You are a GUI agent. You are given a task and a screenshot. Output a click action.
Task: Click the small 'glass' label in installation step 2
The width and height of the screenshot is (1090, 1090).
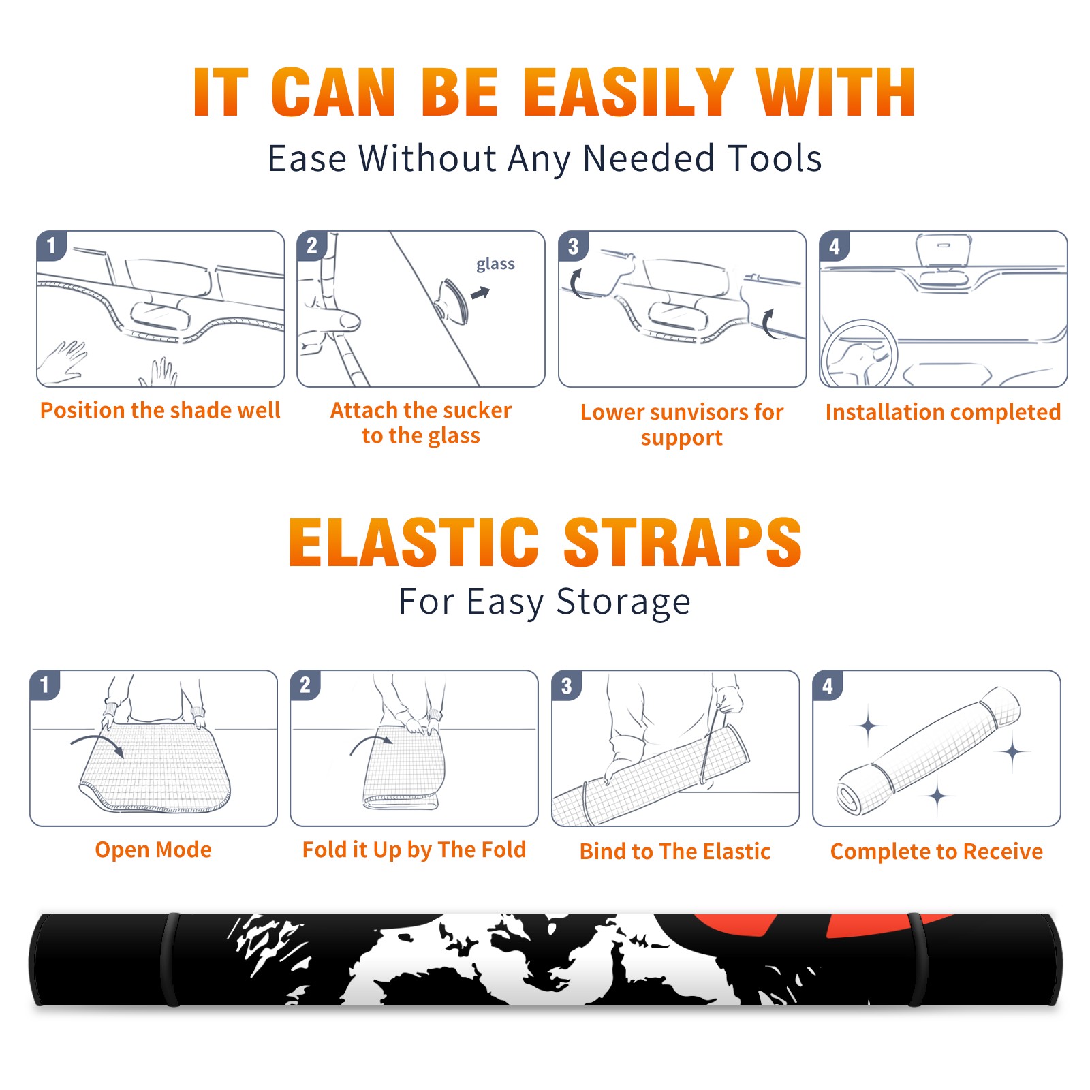coord(495,264)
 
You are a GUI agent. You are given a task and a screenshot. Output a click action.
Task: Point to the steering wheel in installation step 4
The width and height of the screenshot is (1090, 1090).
coord(858,354)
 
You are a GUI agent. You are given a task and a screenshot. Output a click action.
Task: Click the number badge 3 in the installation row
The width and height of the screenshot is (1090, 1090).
coord(573,246)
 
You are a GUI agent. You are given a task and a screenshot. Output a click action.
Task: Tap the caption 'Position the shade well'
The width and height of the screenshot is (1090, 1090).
coord(160,410)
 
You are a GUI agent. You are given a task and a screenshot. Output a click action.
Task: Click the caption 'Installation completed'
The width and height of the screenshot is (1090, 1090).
coord(943,411)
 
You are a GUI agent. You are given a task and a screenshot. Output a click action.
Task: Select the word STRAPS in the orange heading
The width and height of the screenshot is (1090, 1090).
coord(683,542)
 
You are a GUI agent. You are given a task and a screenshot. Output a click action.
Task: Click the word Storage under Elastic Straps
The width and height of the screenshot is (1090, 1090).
coord(623,602)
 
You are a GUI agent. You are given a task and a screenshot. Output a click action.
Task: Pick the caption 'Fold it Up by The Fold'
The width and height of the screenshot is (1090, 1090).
coord(414,850)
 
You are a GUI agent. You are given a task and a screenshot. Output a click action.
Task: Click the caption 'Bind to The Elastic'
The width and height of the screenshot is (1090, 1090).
coord(674,851)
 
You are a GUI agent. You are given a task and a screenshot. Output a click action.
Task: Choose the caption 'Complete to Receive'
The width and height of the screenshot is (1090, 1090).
coord(936,851)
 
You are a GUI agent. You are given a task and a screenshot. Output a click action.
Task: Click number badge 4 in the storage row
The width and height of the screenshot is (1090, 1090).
coord(828,685)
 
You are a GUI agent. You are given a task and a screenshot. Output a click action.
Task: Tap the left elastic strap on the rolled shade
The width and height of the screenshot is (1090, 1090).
coord(170,959)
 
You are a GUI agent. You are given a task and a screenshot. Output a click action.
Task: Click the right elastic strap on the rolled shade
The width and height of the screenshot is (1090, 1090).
coord(917,959)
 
